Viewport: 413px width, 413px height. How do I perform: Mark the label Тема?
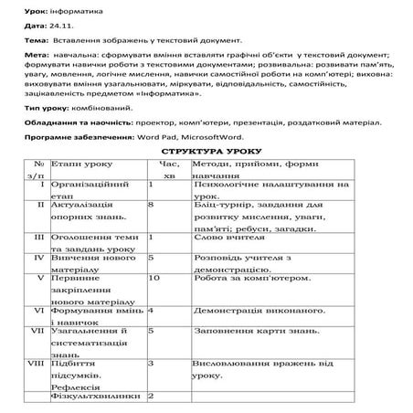[27, 41]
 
